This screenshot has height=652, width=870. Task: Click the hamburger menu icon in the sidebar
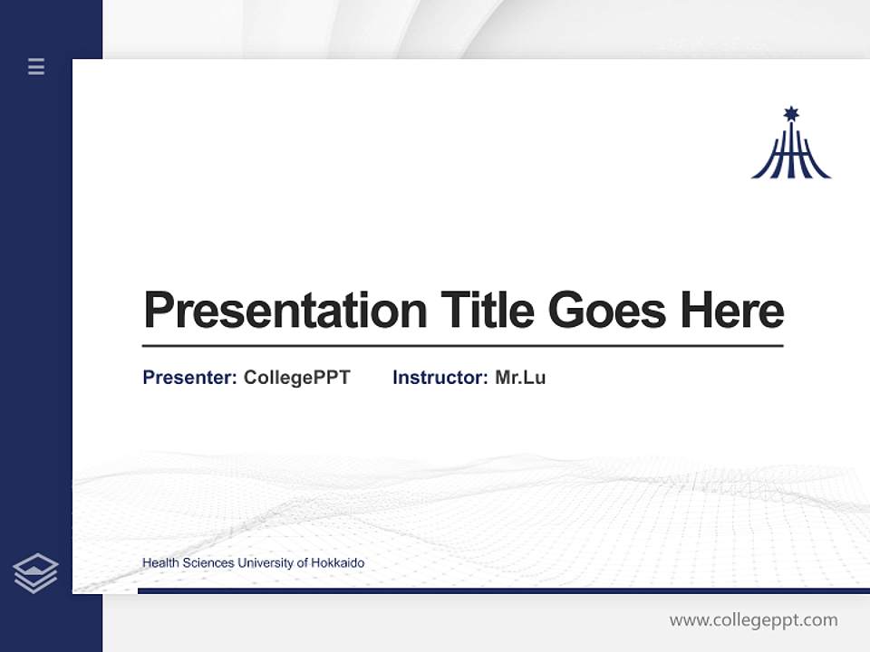point(36,66)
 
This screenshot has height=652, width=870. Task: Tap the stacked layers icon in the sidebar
point(35,573)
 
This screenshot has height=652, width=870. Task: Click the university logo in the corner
point(790,145)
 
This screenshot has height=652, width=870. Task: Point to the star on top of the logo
point(790,113)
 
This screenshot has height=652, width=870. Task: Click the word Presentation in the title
point(285,311)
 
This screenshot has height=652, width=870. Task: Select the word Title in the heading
point(487,311)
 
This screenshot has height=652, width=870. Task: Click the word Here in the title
point(731,311)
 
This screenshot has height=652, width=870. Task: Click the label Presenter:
point(189,378)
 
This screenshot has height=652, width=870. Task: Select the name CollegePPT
point(296,378)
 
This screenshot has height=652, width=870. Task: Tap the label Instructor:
point(440,378)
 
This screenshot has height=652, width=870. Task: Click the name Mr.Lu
point(520,378)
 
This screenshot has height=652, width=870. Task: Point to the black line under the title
point(462,345)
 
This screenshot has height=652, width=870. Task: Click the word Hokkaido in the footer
point(337,563)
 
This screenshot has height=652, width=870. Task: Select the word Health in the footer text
point(160,563)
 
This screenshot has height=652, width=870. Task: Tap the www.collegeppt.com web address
point(753,620)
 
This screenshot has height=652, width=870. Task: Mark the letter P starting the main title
point(159,311)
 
